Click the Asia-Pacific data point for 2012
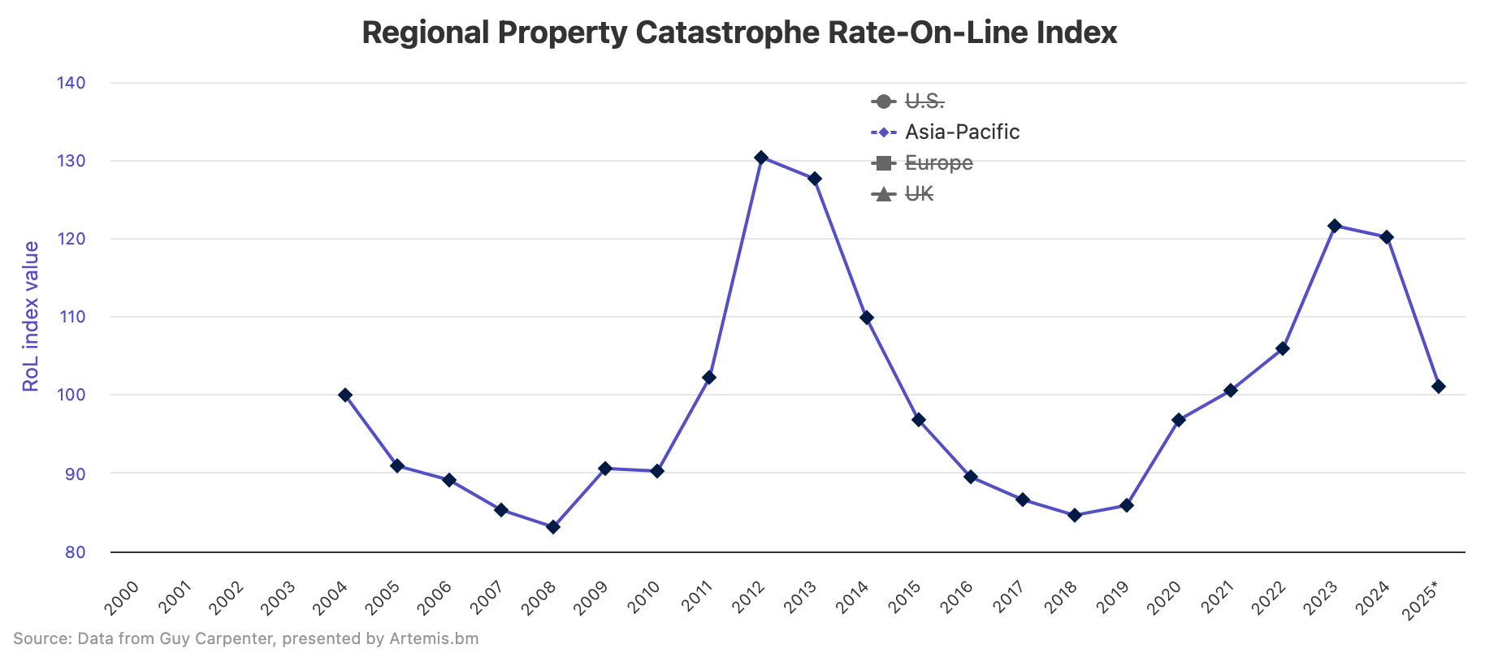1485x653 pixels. point(761,158)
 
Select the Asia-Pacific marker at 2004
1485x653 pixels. point(345,396)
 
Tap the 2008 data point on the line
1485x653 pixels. point(553,527)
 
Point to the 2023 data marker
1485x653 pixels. point(1335,226)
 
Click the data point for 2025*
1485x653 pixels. point(1439,387)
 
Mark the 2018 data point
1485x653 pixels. point(1075,516)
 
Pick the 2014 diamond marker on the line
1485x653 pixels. point(867,318)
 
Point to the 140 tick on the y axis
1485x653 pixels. point(71,83)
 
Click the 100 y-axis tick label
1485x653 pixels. point(71,396)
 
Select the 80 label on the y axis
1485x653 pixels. point(76,552)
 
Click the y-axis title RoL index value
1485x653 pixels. point(31,317)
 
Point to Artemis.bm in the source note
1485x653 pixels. point(434,639)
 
